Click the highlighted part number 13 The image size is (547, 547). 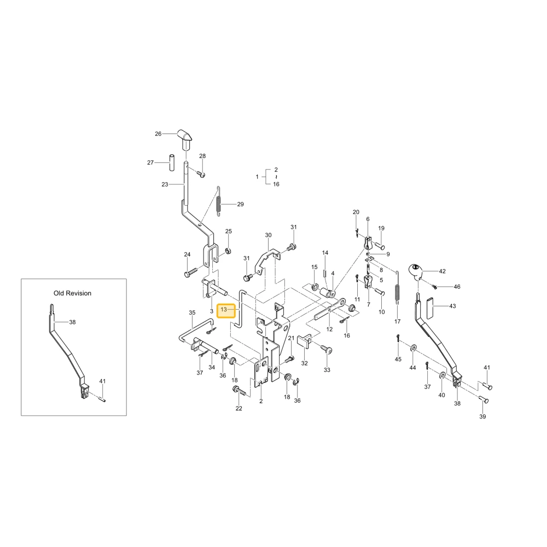tap(224, 310)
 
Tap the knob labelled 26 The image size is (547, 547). tap(184, 139)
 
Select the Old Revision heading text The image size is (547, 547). tap(73, 293)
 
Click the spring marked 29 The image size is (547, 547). tap(218, 201)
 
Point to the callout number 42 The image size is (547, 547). tap(443, 271)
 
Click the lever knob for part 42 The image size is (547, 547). tap(415, 272)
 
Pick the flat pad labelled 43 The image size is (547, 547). tap(430, 307)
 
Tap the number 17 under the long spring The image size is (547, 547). tap(397, 322)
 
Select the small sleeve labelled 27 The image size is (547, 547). tap(172, 162)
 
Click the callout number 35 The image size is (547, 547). tap(192, 313)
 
